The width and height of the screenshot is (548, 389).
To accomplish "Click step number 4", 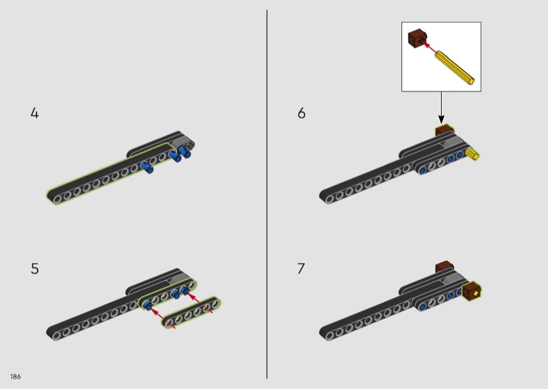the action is pos(35,113).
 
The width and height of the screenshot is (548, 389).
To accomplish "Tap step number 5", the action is pos(35,268).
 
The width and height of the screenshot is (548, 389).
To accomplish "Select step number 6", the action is pos(301,113).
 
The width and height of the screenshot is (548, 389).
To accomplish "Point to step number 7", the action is pos(301,268).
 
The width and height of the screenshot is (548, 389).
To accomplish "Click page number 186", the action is pos(15,377).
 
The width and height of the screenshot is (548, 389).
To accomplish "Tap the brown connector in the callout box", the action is pos(417,38).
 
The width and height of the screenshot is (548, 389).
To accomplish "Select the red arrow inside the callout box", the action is pos(429,47).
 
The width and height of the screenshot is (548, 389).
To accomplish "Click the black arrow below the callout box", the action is pos(441,108).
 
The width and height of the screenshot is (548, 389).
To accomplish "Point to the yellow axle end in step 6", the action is pos(473,154).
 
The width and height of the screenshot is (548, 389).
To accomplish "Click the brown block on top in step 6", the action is pos(444,131).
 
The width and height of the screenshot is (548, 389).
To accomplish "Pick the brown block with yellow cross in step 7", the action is pos(472,291).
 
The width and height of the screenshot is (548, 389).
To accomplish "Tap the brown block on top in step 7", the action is pos(445,266).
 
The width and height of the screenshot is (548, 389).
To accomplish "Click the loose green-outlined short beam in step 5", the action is pos(191,313).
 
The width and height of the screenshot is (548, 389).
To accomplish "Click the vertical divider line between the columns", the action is pos(267,194).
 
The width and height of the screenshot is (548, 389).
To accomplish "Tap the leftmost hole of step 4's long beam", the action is pos(58,199).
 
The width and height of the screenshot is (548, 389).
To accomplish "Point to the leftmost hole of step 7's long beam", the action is pos(329,336).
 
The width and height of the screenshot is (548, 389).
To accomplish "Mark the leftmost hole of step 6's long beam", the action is pos(329,199).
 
